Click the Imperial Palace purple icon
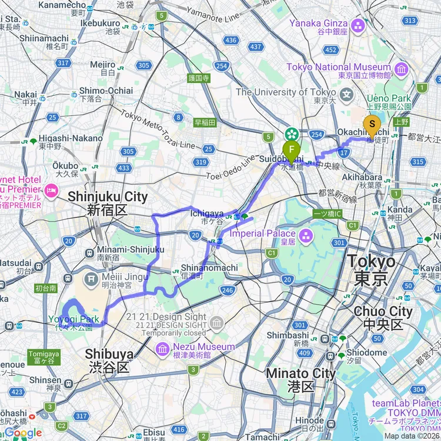click(305, 236)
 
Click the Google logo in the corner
click(22, 433)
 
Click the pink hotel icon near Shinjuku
click(51, 190)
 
